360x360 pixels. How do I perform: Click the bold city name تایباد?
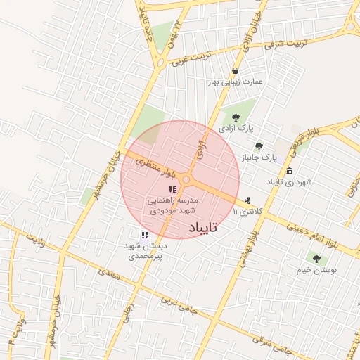coord(203,228)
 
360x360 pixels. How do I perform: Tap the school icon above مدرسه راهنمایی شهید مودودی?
coord(172,188)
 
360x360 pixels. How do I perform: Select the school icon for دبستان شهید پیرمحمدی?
coord(144,235)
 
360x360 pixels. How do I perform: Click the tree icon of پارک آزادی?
coord(234,117)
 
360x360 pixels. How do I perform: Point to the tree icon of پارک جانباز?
coord(259,146)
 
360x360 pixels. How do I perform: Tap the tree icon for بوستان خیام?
coord(315,259)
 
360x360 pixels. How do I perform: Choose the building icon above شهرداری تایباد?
coord(289,172)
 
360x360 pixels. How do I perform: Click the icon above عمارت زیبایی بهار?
coord(234,70)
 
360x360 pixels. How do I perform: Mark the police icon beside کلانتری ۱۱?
coord(247,200)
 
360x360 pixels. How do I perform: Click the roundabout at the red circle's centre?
coord(186,180)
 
